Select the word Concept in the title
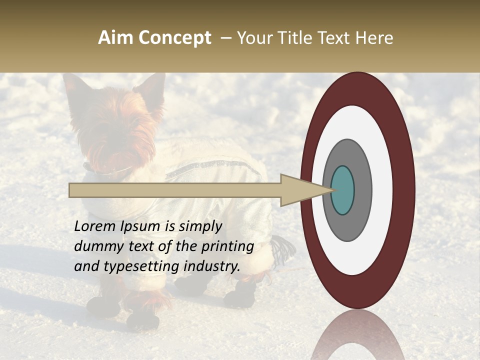(175, 38)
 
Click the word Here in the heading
(373, 38)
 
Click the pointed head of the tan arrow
(310, 190)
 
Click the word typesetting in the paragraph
(141, 266)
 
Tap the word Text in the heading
(334, 38)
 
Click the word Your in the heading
(253, 38)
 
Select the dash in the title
(226, 38)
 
